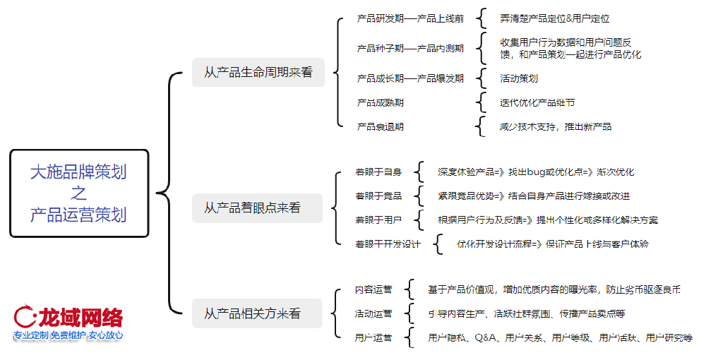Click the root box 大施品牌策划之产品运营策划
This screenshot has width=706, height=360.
[78, 193]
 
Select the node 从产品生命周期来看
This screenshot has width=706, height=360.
[258, 72]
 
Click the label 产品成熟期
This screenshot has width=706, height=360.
[381, 103]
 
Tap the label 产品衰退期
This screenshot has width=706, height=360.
[381, 127]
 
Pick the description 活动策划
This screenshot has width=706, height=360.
[519, 78]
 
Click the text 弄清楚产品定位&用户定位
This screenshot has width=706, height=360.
[555, 18]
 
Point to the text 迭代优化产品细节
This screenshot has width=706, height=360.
[537, 103]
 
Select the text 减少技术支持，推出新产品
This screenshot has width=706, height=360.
[556, 127]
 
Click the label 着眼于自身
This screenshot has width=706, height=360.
[378, 172]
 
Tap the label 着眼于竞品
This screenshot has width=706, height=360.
[378, 196]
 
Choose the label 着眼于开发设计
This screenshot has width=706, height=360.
[388, 244]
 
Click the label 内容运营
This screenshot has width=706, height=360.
[373, 289]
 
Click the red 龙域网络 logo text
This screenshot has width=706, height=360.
[79, 316]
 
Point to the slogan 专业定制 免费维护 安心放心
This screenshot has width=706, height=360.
[68, 335]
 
